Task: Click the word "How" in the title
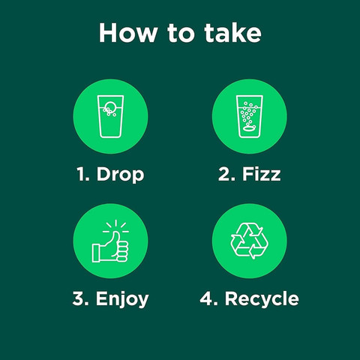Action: [x=128, y=33]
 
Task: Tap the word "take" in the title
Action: [x=232, y=33]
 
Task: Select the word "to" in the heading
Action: [x=181, y=34]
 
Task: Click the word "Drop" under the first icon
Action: [x=121, y=175]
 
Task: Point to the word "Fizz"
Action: [x=261, y=173]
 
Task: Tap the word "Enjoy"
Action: [x=122, y=299]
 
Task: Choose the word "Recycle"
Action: [x=262, y=298]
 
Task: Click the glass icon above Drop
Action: [x=110, y=116]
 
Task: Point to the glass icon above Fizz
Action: [x=250, y=116]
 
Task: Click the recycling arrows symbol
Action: [x=250, y=241]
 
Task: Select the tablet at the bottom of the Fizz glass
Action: [x=250, y=129]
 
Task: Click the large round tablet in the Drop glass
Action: [x=110, y=106]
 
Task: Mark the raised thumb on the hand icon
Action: [x=115, y=238]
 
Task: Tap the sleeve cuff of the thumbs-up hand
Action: [x=96, y=253]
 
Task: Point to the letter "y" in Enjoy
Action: [x=143, y=301]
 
